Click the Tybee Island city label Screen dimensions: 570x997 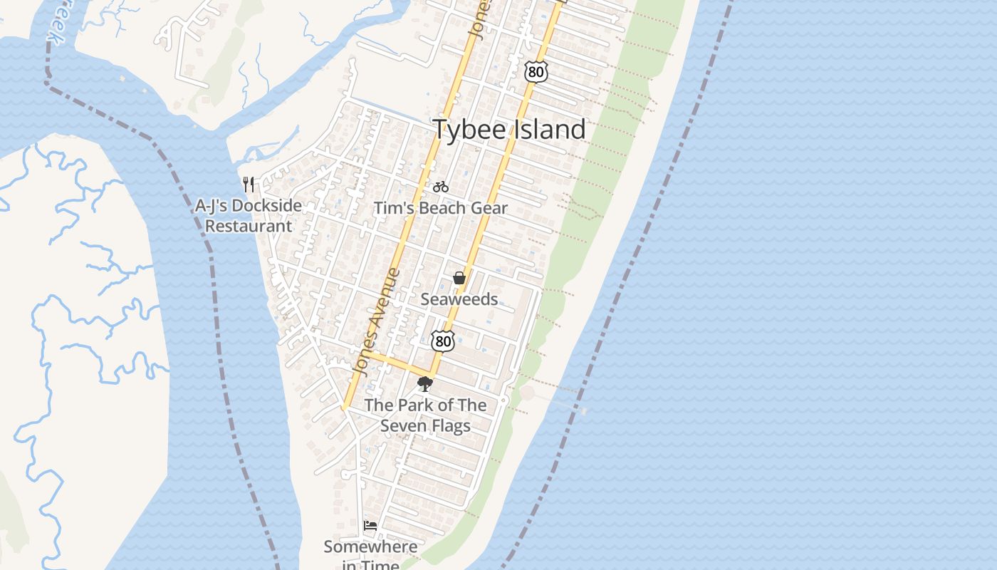[x=509, y=130]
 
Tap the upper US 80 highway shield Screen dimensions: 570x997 [x=537, y=71]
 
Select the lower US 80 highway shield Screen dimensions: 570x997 [x=443, y=341]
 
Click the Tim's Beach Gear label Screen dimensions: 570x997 [x=441, y=208]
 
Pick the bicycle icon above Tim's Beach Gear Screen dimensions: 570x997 [x=441, y=187]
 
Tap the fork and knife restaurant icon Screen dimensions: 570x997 [x=249, y=185]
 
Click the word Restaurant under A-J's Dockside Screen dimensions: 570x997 [x=248, y=227]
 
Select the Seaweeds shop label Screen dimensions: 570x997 [x=459, y=299]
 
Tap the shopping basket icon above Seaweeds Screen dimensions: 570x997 [x=459, y=278]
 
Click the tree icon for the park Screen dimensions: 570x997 [x=425, y=385]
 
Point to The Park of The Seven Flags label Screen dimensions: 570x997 [x=426, y=415]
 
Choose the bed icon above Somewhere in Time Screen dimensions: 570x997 [x=370, y=526]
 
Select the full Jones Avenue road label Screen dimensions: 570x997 [x=377, y=322]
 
